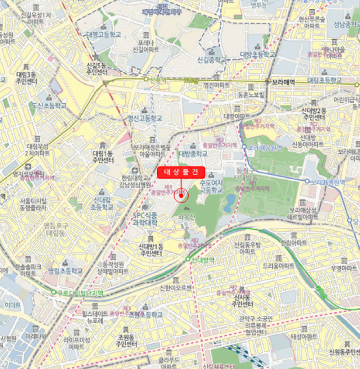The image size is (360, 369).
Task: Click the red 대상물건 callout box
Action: click(181, 172)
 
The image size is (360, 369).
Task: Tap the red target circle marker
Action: click(181, 196)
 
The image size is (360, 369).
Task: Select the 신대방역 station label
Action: click(202, 259)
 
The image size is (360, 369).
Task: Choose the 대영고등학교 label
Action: click(104, 34)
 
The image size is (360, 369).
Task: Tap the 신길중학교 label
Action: click(211, 60)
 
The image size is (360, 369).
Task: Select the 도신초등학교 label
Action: click(49, 105)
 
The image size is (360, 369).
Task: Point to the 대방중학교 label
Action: click(193, 153)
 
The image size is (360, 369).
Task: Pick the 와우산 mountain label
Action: click(187, 216)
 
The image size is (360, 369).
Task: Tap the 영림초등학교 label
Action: click(65, 270)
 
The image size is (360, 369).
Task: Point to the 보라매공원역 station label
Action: click(267, 147)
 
